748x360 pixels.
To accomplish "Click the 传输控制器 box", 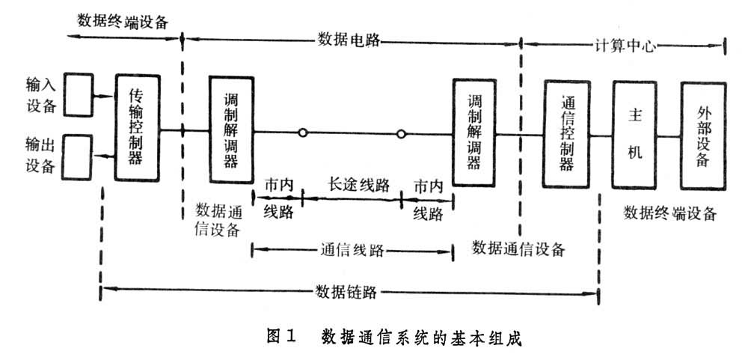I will click(138, 127).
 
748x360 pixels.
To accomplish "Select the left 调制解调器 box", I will click(232, 129).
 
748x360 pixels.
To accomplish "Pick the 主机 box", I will click(638, 127).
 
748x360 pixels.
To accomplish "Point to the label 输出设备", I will click(40, 153).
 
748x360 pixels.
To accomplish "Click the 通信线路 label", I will click(352, 251).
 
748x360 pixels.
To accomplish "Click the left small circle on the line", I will click(302, 134).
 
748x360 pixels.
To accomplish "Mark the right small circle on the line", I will click(401, 134).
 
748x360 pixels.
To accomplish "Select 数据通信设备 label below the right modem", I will click(518, 248).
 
